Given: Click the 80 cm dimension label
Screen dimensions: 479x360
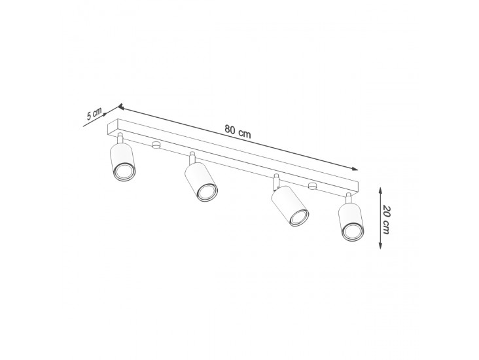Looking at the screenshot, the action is coord(238,131).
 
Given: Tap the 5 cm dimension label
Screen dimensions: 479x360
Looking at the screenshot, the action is coord(94,114).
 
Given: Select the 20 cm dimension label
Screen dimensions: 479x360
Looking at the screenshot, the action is coord(387,219).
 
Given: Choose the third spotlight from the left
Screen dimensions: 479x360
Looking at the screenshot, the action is coord(290,206).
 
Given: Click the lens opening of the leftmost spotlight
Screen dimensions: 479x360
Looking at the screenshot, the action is coord(124,172).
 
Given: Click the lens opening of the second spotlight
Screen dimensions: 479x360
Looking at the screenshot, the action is coord(207,192).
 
